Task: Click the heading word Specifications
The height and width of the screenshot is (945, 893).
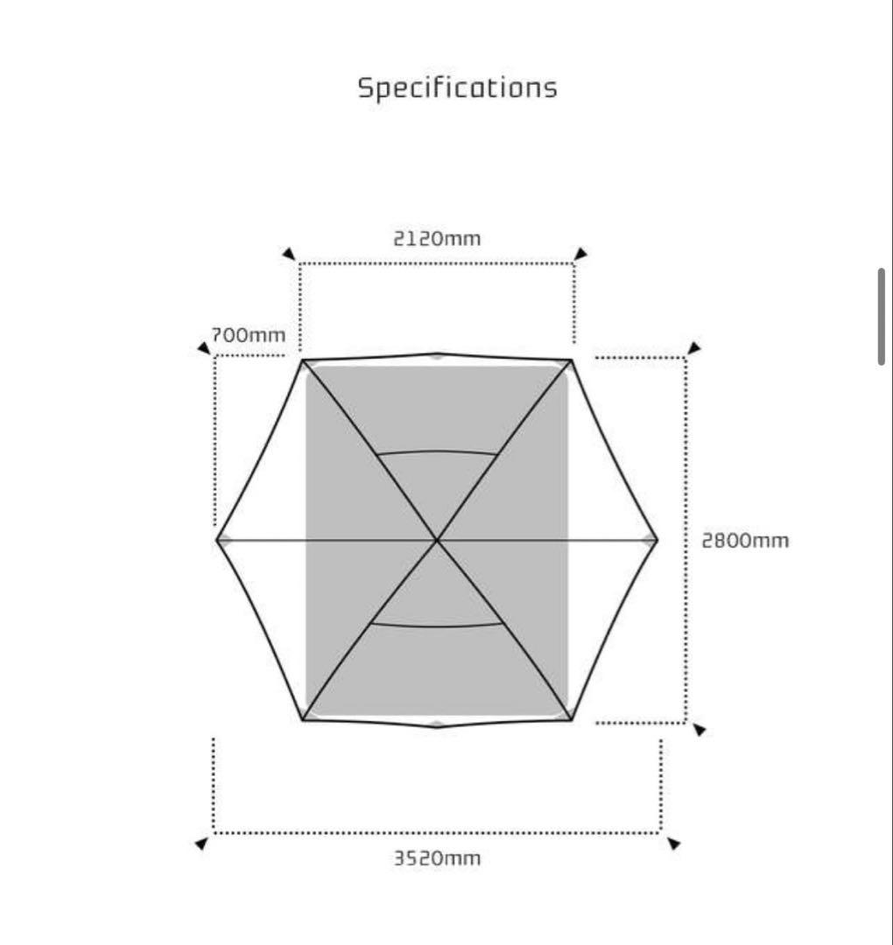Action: point(457,88)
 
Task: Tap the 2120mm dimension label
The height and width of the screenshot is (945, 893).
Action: point(437,238)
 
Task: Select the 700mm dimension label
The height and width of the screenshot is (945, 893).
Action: point(249,335)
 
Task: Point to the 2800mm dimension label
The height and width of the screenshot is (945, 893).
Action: point(745,540)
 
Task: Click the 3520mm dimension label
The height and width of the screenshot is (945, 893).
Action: point(437,857)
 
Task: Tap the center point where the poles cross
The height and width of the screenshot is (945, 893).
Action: point(437,540)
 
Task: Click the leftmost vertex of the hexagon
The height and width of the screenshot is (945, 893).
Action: point(217,540)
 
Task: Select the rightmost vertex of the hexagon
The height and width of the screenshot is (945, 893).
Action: point(657,540)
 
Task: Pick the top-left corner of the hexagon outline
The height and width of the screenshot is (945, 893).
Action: point(303,360)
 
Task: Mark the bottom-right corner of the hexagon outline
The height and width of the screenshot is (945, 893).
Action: point(571,720)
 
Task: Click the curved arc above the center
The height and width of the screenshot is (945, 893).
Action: point(437,452)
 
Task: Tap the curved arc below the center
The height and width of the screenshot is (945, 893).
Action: point(437,626)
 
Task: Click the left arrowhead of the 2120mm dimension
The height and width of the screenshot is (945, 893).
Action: point(288,254)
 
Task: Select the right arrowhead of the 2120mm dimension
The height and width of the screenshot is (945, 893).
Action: point(580,254)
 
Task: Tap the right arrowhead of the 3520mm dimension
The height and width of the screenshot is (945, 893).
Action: point(673,843)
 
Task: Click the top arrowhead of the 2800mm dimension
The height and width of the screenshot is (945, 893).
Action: point(694,348)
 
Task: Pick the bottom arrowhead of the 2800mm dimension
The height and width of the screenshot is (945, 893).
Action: point(699,730)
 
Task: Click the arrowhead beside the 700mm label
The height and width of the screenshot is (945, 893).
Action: point(204,348)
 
